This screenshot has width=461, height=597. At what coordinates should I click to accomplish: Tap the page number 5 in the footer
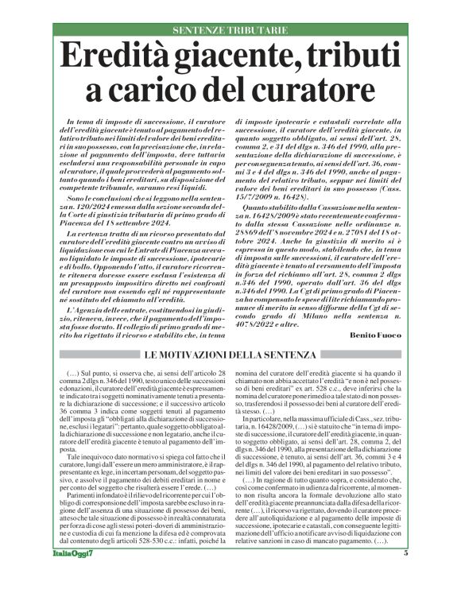click(406, 575)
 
